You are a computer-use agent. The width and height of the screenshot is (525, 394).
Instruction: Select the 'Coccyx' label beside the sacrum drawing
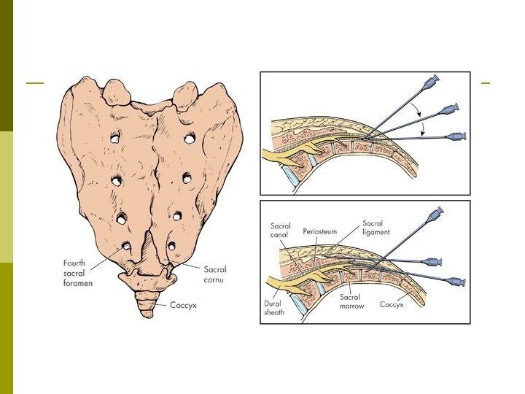pyautogui.click(x=183, y=304)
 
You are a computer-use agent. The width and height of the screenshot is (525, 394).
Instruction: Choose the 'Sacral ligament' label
pyautogui.click(x=377, y=227)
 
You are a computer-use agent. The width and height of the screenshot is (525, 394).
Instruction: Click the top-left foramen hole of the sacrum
pyautogui.click(x=115, y=136)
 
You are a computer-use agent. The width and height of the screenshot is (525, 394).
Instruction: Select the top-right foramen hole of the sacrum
pyautogui.click(x=190, y=137)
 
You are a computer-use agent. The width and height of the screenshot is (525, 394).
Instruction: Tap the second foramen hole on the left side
pyautogui.click(x=117, y=179)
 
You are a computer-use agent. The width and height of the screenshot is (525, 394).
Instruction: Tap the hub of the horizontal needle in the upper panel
pyautogui.click(x=457, y=136)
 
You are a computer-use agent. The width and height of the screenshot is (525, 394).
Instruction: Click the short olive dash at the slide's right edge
pyautogui.click(x=486, y=82)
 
